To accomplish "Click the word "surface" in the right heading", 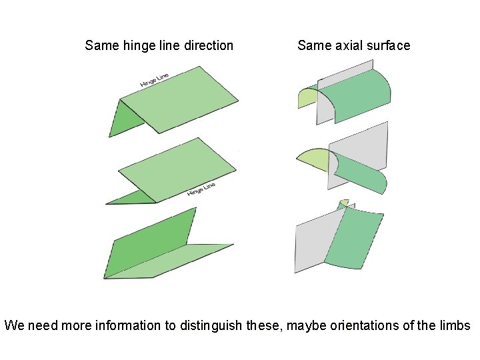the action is click(387, 46).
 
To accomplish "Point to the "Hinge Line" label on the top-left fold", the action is click(154, 79).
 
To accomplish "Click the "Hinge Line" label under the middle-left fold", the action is click(201, 189).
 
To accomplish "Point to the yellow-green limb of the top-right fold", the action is click(307, 97).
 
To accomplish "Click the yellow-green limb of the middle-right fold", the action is click(313, 160).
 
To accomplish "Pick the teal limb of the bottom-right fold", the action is click(357, 240).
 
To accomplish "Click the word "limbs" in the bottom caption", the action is click(453, 326).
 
